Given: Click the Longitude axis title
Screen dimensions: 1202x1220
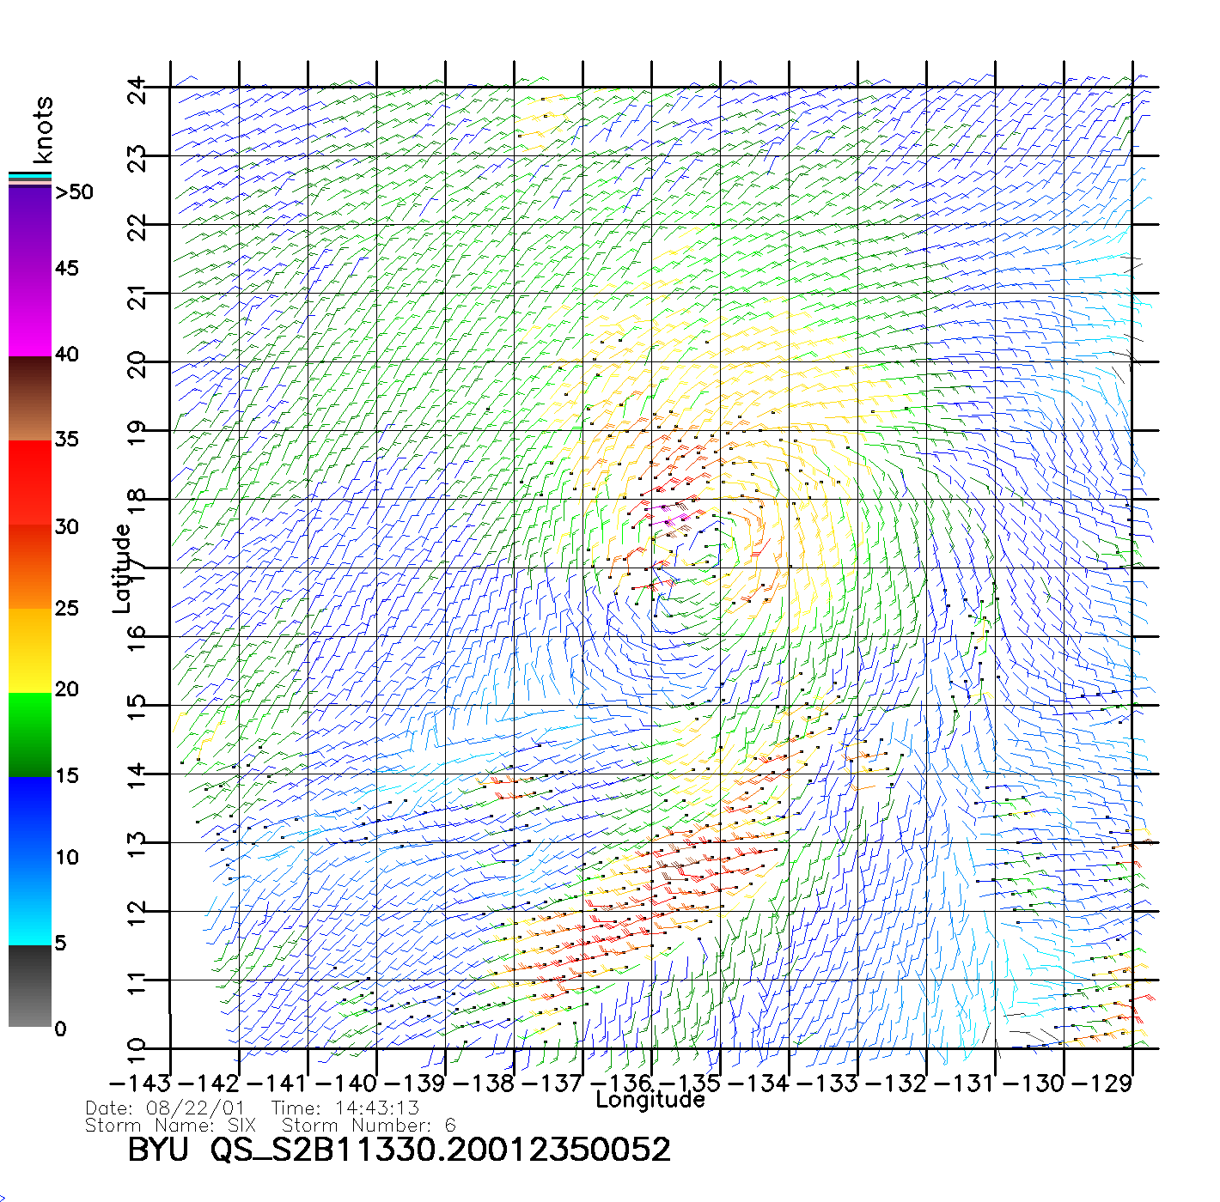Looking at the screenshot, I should pyautogui.click(x=650, y=1100).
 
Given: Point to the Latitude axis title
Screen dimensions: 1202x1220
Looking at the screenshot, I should pyautogui.click(x=122, y=568).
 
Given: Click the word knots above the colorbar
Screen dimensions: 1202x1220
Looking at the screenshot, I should pyautogui.click(x=43, y=129).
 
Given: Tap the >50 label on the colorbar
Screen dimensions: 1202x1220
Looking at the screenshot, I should pyautogui.click(x=75, y=192).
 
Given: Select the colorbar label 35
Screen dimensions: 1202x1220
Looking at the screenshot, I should pyautogui.click(x=67, y=440).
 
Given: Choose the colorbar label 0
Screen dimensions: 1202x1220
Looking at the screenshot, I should pyautogui.click(x=60, y=1029).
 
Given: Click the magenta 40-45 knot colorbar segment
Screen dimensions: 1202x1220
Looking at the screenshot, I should pyautogui.click(x=30, y=313).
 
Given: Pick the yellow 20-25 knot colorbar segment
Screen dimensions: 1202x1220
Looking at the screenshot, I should pyautogui.click(x=30, y=650).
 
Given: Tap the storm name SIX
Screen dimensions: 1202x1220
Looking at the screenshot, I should pyautogui.click(x=241, y=1126).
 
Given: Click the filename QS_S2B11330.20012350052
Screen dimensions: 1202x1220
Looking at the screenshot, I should pyautogui.click(x=441, y=1150).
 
